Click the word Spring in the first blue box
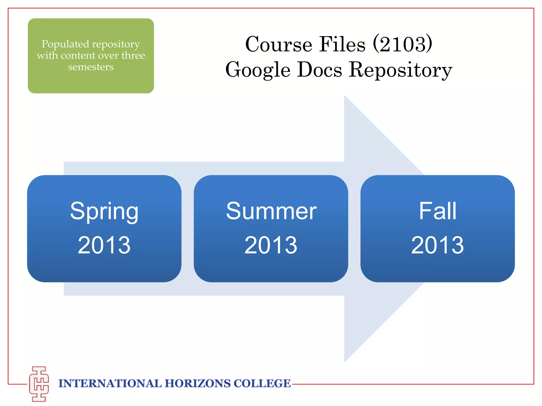[x=104, y=211]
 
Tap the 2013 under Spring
[x=104, y=245]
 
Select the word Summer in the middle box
[x=271, y=211]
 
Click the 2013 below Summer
[x=271, y=245]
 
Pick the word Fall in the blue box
[x=437, y=211]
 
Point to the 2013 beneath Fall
[x=437, y=245]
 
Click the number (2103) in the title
[x=402, y=44]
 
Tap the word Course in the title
[x=279, y=44]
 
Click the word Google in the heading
[x=258, y=70]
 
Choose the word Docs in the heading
[x=319, y=70]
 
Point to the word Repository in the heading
[x=400, y=70]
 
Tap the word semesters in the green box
[x=91, y=67]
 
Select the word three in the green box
[x=133, y=56]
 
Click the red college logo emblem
[x=39, y=384]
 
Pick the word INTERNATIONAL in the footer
[x=110, y=384]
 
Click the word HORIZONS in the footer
[x=198, y=384]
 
